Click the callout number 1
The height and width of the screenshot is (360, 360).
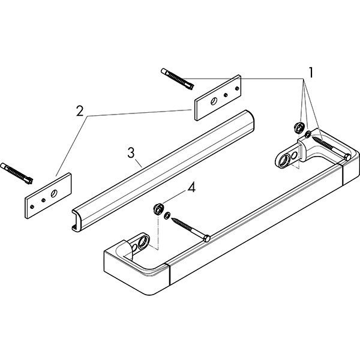point(311,73)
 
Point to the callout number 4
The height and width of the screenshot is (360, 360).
point(191,188)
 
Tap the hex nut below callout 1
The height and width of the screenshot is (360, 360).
point(297,127)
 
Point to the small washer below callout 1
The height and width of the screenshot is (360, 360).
point(307,134)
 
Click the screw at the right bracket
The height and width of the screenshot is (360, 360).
point(327,148)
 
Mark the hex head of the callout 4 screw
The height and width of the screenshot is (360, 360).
point(207,239)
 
